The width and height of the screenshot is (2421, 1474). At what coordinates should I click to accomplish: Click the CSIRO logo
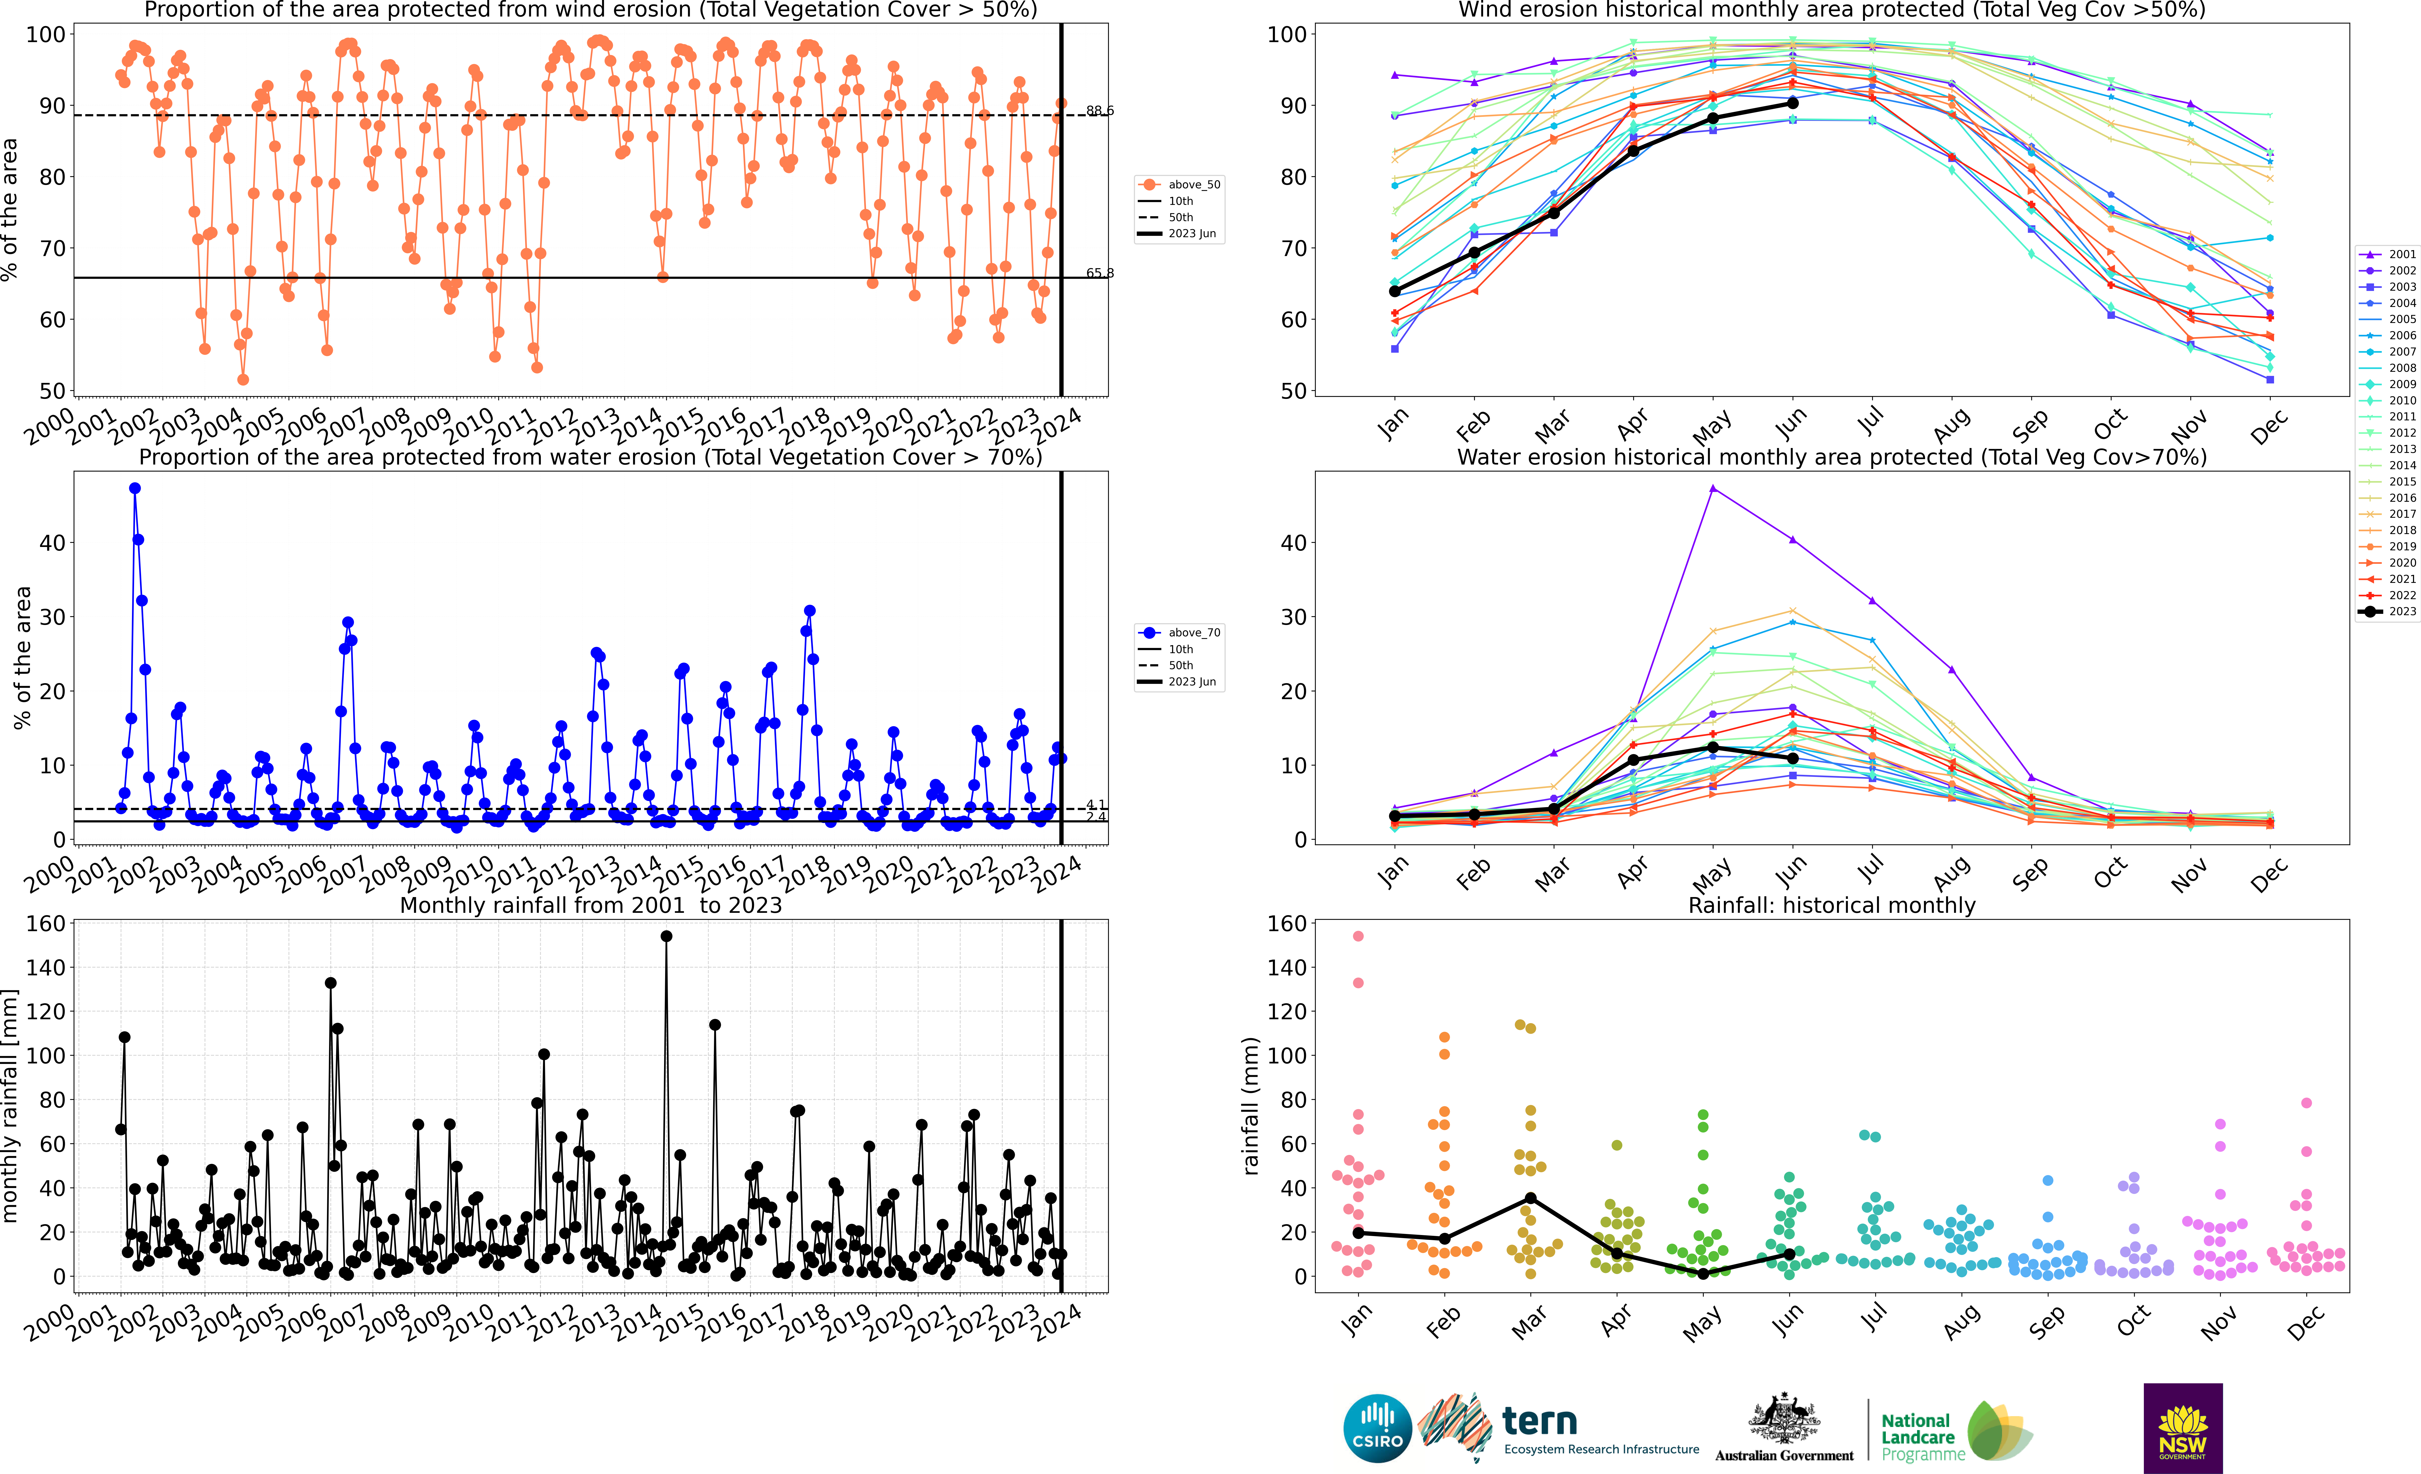click(1376, 1428)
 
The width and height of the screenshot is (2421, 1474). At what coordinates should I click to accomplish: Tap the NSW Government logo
click(2182, 1428)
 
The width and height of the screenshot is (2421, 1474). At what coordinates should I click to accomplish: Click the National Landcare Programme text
click(1922, 1437)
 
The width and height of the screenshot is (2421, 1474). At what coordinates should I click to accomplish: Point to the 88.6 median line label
click(1100, 111)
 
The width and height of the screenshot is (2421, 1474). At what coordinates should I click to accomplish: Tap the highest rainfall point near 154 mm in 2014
click(666, 937)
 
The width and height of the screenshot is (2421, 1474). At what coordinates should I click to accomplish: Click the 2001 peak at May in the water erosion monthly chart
click(1712, 488)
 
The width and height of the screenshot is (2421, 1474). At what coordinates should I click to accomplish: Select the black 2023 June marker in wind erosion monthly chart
click(1792, 103)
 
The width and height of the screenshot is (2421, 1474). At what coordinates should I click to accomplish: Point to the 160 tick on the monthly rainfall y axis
click(46, 924)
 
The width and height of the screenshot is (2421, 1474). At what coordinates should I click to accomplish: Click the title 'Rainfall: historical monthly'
click(1832, 905)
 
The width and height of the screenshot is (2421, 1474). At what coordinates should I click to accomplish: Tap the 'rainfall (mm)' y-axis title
click(1251, 1106)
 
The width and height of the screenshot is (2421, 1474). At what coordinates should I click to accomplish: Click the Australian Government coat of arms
click(1783, 1420)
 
